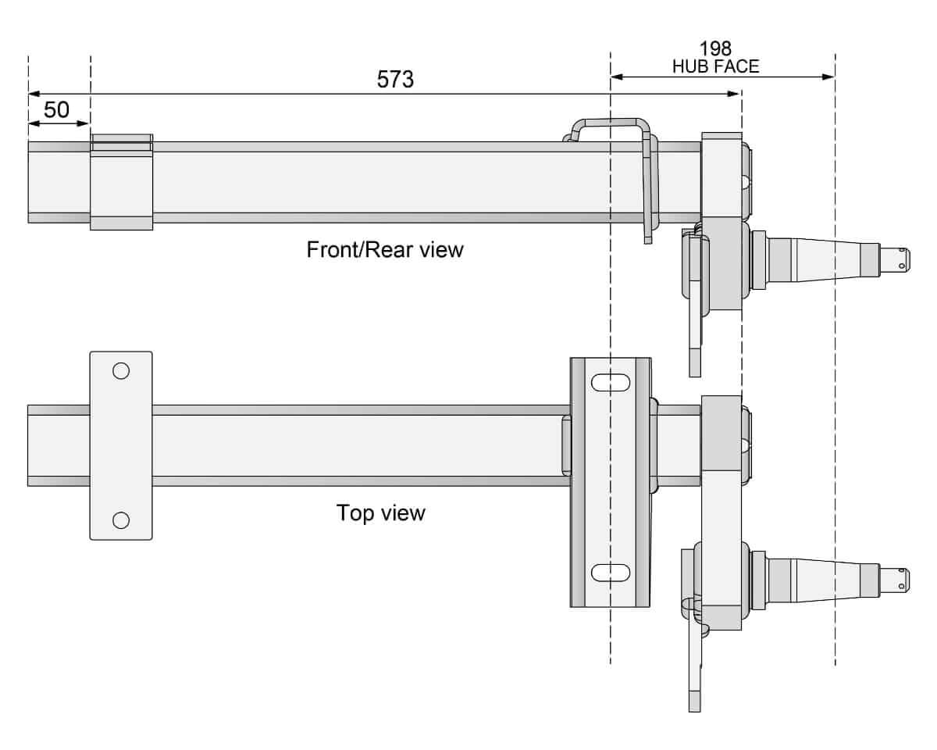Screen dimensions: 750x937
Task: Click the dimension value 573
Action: (x=395, y=80)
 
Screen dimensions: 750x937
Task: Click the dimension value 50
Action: (x=56, y=110)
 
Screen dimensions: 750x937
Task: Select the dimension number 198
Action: (x=715, y=50)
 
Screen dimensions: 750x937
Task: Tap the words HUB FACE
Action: (x=715, y=66)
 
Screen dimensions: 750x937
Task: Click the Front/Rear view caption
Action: (x=385, y=250)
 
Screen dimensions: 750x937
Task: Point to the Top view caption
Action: (x=381, y=513)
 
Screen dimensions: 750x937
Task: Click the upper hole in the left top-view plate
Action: (x=121, y=370)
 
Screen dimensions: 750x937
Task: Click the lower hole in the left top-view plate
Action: (x=121, y=520)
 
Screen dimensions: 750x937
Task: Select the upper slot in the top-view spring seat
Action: (x=611, y=383)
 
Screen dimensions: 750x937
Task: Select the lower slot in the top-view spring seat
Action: (x=611, y=573)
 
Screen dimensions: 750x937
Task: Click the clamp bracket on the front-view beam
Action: (x=121, y=182)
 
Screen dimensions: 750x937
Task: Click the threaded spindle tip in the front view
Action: (x=896, y=259)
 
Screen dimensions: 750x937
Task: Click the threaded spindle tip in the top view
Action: (x=896, y=579)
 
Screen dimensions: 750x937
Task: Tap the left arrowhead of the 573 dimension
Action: (x=34, y=94)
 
